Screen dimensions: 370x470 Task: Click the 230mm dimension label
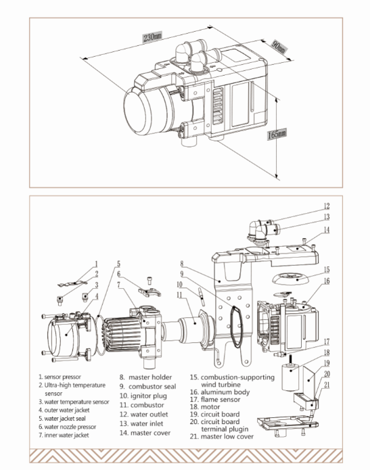(152, 37)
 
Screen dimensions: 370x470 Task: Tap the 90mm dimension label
(279, 47)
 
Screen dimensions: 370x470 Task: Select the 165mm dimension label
(277, 134)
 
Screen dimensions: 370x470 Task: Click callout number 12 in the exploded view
(327, 206)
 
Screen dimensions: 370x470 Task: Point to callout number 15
(327, 269)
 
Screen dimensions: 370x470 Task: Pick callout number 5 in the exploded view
(119, 264)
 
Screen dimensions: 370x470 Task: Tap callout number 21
(327, 385)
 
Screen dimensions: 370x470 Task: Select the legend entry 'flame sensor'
(221, 399)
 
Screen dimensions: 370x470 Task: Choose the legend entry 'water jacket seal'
(65, 419)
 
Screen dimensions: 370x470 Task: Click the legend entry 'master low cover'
(227, 436)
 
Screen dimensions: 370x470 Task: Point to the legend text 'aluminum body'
(225, 392)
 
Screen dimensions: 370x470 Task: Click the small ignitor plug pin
(201, 297)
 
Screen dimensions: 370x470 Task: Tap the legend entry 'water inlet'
(147, 423)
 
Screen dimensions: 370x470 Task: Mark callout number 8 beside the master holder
(182, 264)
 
